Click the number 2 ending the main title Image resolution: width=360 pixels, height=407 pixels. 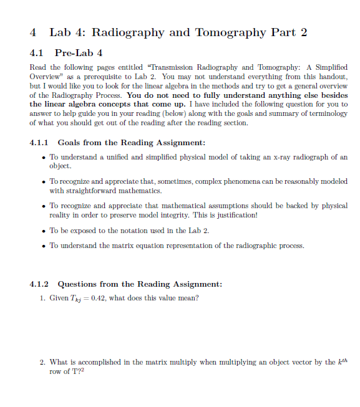point(303,32)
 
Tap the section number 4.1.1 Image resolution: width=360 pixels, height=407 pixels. point(40,142)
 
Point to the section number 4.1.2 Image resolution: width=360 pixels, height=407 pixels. point(40,284)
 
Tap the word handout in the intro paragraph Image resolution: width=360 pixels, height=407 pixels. point(329,75)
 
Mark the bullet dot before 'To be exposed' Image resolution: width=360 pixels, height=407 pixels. point(42,230)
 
